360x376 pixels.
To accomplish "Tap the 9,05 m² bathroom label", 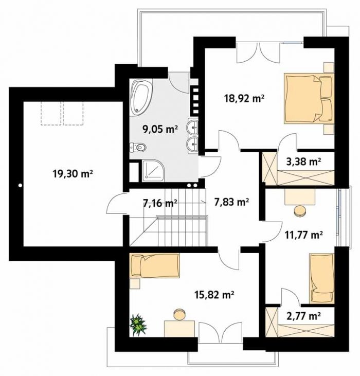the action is pos(160,130).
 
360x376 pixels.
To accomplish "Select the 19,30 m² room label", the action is pos(73,174).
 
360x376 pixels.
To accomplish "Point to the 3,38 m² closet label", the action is pos(303,162).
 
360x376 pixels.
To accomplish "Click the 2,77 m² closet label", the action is pos(303,316).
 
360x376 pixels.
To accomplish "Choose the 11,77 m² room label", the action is pos(303,235).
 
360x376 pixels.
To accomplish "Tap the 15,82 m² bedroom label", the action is pos(214,294).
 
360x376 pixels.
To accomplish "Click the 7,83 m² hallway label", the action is pos(231,202).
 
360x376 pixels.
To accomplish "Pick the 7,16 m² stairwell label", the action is pos(160,203).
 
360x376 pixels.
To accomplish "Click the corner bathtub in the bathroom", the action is pos(141,96).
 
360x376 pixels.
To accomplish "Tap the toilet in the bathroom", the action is pos(138,148).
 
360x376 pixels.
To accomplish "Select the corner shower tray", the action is pos(153,171).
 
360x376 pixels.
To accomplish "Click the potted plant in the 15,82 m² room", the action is pos(138,325).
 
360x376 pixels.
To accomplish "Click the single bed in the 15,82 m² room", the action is pos(154,266).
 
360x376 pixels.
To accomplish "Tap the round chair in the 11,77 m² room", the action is pos(300,211).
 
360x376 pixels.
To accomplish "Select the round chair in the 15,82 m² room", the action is pos(179,314).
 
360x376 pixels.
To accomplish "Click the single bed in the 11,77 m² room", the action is pos(321,278).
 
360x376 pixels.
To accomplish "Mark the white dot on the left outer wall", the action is pos(20,185).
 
